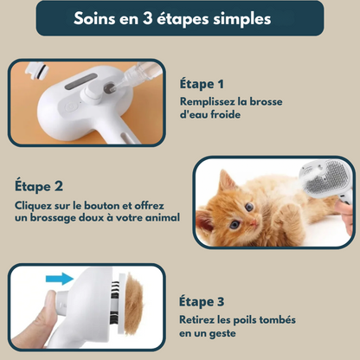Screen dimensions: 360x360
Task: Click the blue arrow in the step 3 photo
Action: tap(60, 279)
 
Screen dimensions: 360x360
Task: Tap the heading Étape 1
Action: tap(202, 84)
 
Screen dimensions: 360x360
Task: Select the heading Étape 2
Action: tap(39, 186)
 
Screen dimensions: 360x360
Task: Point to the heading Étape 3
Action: tap(202, 302)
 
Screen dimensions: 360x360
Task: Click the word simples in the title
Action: tap(242, 19)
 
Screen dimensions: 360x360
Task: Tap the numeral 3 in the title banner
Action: tap(147, 18)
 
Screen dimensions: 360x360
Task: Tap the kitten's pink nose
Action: tap(254, 222)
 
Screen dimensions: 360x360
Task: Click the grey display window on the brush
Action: tap(81, 81)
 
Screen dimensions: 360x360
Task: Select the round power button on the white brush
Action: tap(70, 107)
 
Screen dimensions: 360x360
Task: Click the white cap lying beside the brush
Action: tap(36, 71)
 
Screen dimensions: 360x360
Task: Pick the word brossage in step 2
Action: tap(54, 218)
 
